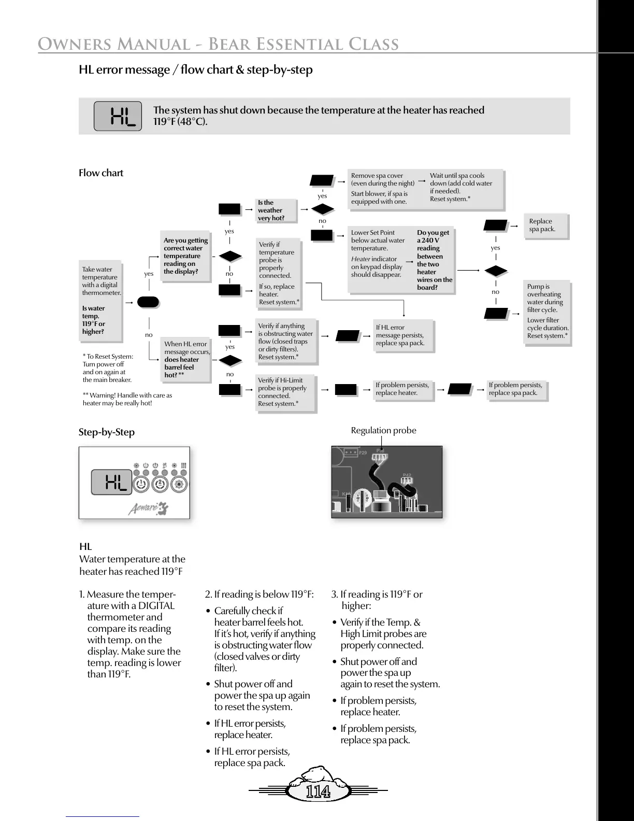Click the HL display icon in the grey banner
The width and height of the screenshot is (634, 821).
coord(118,116)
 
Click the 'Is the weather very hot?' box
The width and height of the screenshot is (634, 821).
coord(277,210)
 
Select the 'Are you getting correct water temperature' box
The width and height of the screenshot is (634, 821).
coord(186,256)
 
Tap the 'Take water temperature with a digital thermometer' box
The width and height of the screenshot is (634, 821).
coord(101,301)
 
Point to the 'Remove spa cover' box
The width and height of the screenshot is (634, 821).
coord(383,189)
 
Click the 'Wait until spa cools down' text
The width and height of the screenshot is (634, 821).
coord(460,187)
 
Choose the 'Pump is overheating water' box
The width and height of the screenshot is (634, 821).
coord(547,311)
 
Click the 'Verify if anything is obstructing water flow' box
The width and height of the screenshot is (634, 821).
coord(286,342)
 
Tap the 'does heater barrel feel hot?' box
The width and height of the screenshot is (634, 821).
coord(186,359)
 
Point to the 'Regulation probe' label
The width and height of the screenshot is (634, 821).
coord(383,431)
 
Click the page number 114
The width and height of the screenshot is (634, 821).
coord(318,792)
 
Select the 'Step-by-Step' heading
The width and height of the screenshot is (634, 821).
coord(107,432)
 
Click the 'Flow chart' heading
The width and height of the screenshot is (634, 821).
coord(101,173)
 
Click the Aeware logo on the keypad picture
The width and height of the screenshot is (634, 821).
coord(148,508)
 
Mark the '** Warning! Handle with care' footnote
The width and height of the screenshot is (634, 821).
coord(127,399)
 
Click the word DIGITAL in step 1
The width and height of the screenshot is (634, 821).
coord(156,606)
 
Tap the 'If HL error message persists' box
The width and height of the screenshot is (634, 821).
coord(403,335)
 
